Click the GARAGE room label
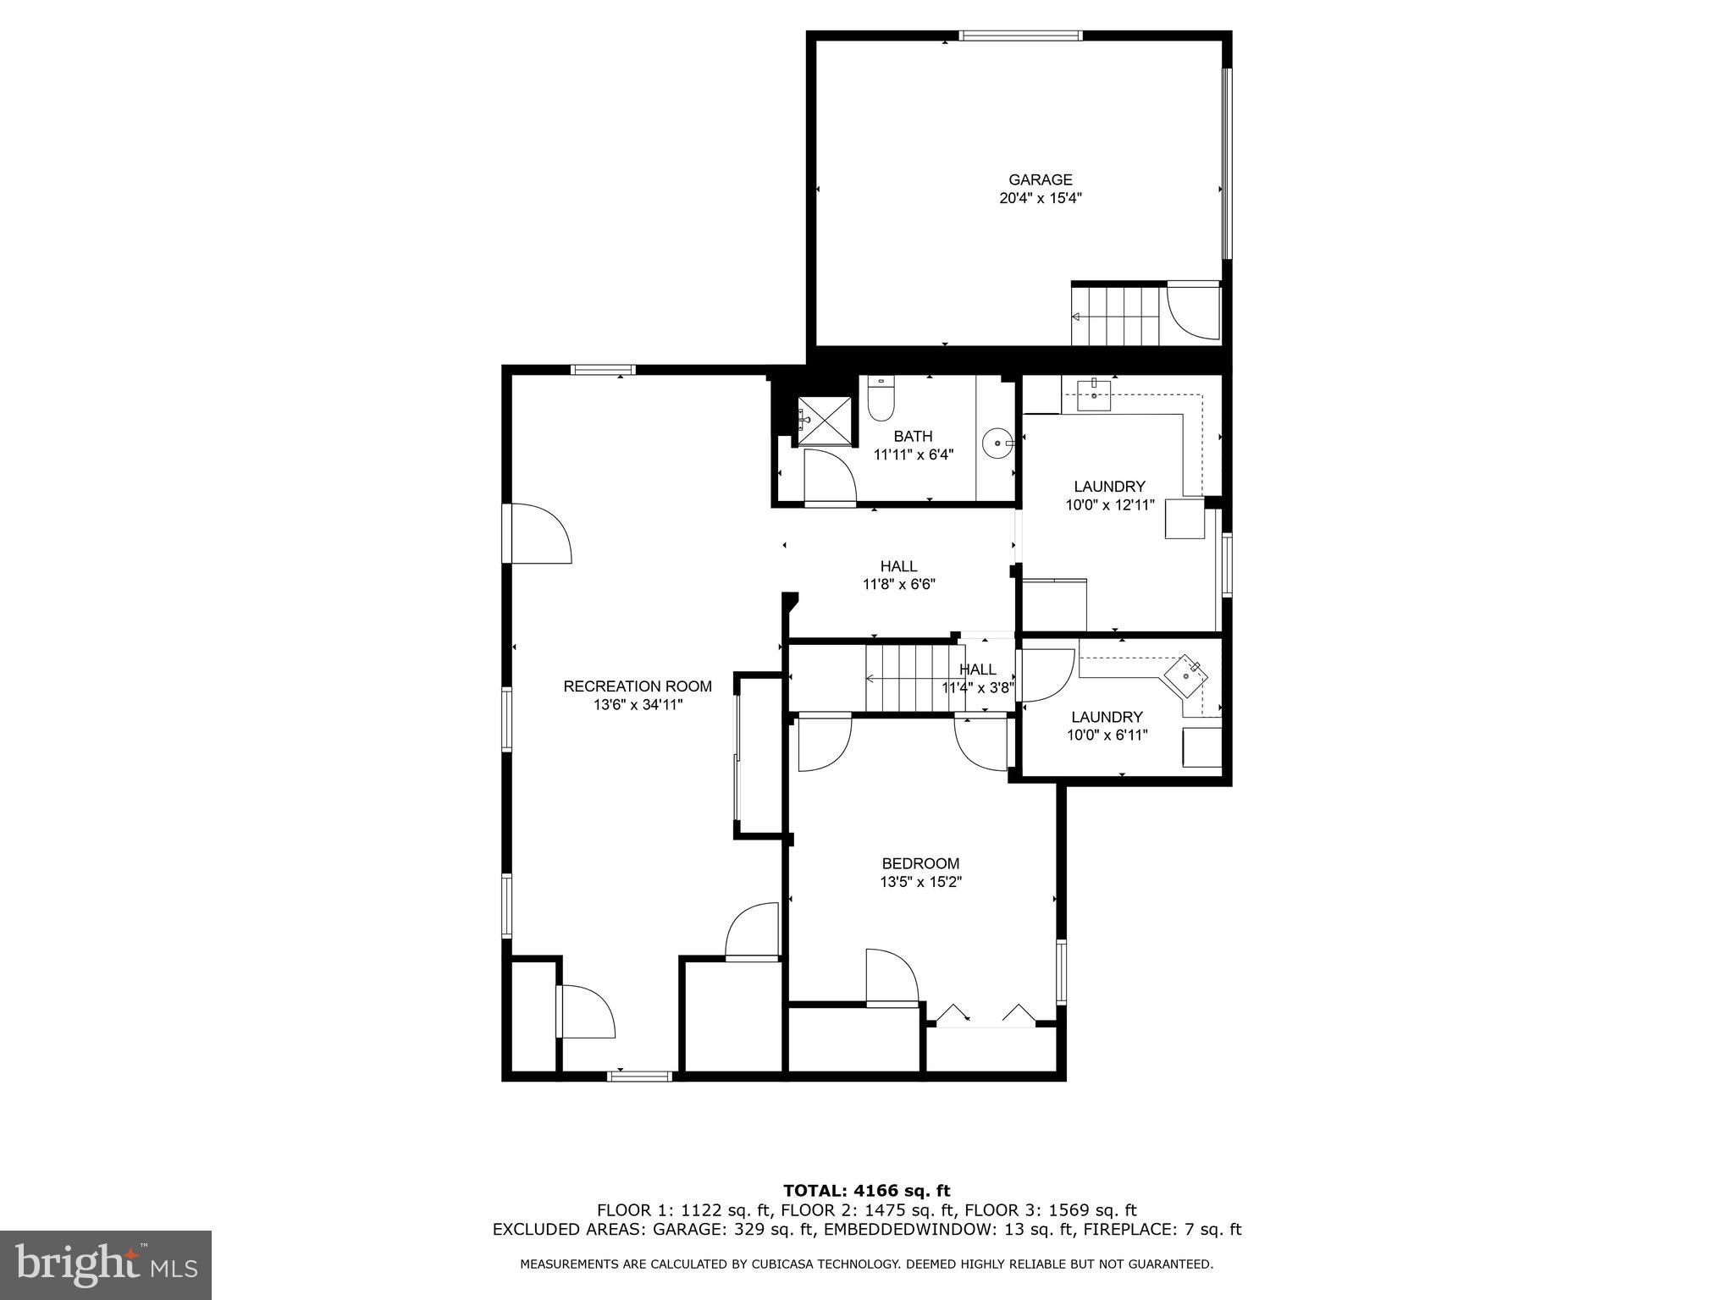[x=1040, y=179]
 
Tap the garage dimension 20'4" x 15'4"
[x=1040, y=199]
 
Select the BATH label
[x=913, y=436]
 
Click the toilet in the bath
[x=881, y=402]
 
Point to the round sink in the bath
[x=998, y=443]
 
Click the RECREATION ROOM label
[x=638, y=686]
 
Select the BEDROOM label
[x=920, y=863]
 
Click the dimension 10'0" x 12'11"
[x=1109, y=505]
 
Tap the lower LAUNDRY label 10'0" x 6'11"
[x=1107, y=726]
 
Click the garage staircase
[x=1115, y=316]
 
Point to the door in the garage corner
[x=1193, y=311]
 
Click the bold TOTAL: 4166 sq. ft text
[x=866, y=1192]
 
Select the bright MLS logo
[x=106, y=1264]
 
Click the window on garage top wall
[x=1020, y=36]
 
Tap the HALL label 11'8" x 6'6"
[x=898, y=575]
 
